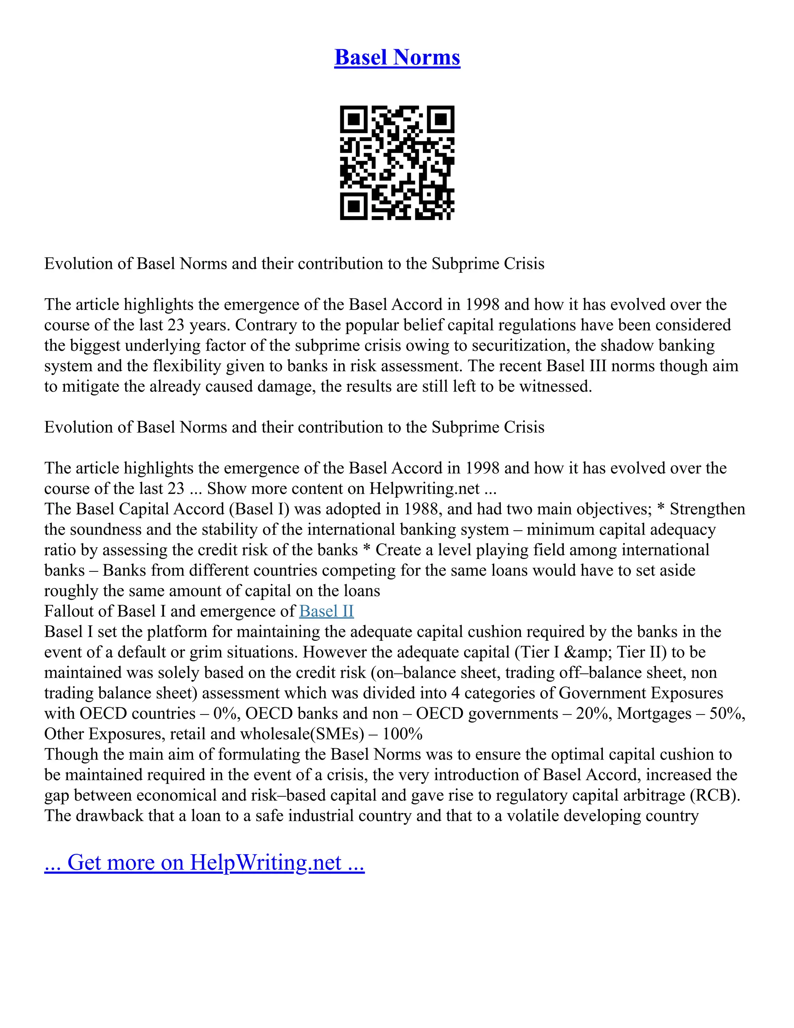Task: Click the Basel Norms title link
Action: [397, 57]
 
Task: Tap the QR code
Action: [397, 163]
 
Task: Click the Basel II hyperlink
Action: [326, 611]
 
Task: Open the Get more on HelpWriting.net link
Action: [204, 862]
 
